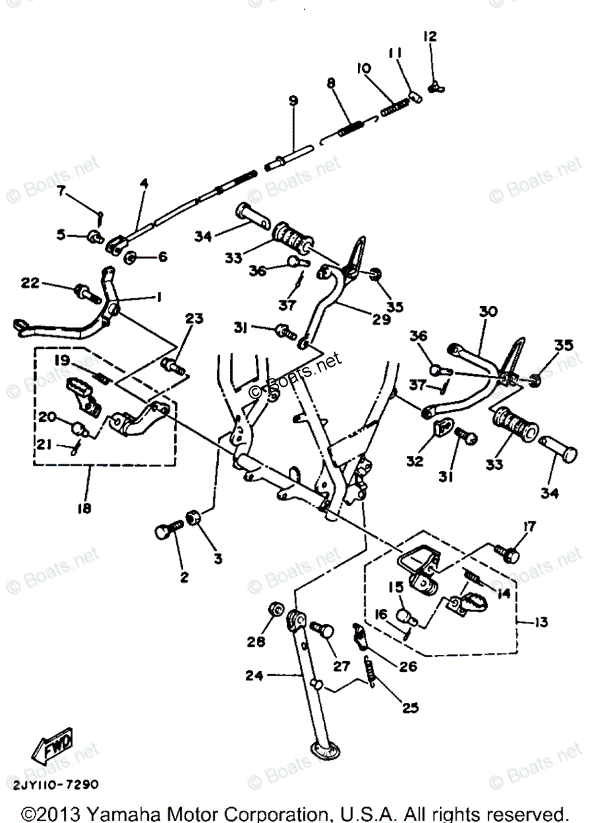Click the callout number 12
429,36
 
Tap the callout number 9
293,101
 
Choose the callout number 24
234,677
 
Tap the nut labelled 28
274,609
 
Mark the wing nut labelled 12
434,87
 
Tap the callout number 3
218,559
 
